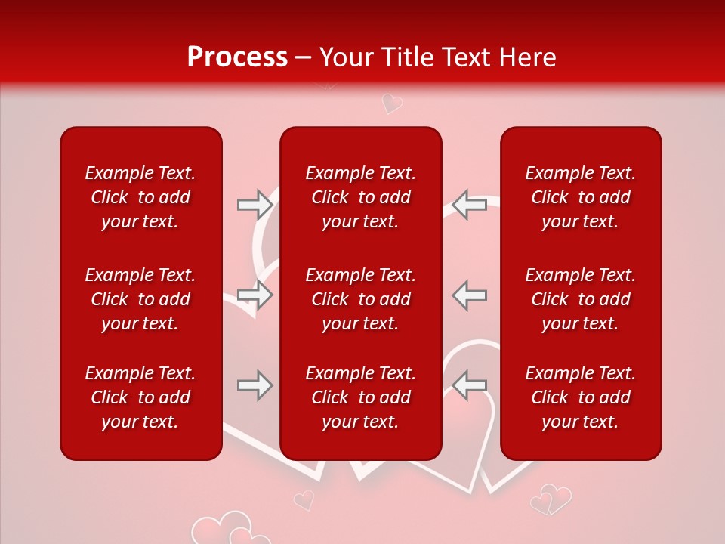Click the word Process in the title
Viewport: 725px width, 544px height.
pos(237,57)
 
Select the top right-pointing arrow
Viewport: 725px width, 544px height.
pos(255,205)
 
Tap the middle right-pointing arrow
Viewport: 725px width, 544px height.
pos(255,295)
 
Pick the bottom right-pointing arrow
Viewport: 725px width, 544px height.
pos(255,385)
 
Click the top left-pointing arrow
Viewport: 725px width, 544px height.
pos(469,205)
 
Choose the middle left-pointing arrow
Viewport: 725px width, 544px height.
pos(469,295)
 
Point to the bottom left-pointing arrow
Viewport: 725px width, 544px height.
pos(469,385)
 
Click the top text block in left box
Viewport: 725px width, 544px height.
pos(140,197)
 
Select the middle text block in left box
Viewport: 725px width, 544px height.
pos(140,299)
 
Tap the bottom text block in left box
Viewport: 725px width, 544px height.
pos(140,397)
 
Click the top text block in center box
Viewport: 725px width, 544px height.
pos(360,197)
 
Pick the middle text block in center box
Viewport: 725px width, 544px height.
pos(360,299)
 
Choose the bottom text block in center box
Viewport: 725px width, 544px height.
pos(360,397)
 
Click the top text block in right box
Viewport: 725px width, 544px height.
pos(580,197)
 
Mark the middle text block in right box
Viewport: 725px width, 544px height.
pos(580,299)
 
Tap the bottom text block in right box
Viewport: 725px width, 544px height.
pos(580,397)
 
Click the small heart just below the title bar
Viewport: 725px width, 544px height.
pos(391,103)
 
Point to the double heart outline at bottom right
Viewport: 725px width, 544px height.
pos(551,499)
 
